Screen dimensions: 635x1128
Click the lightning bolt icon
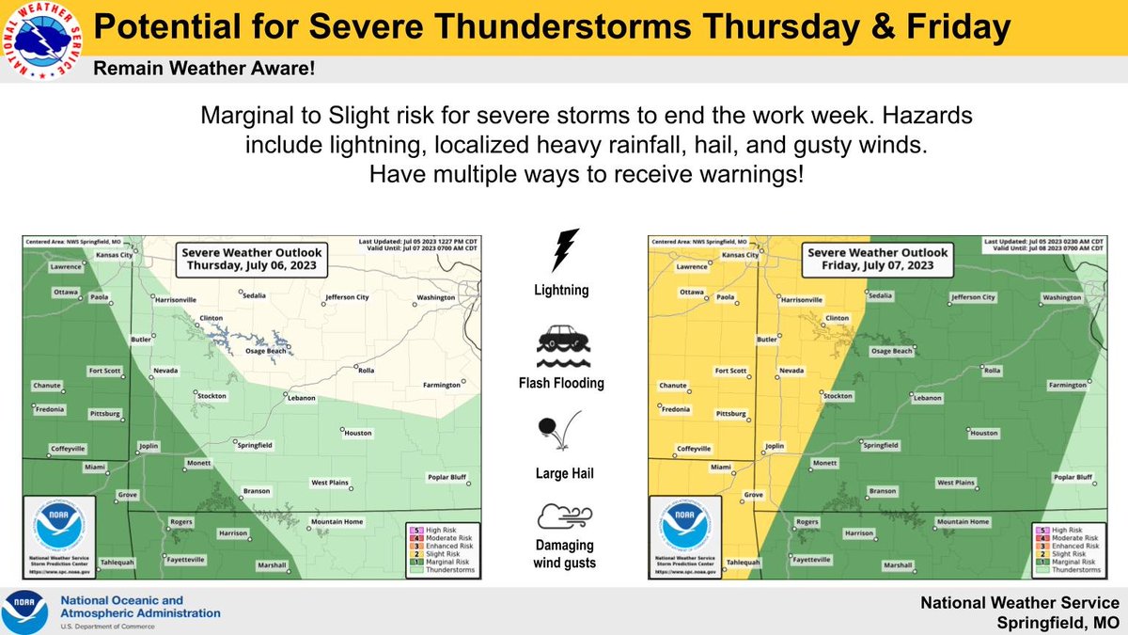pyautogui.click(x=563, y=251)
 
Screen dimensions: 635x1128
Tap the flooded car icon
pyautogui.click(x=562, y=348)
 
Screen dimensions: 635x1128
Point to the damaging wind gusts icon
pyautogui.click(x=562, y=516)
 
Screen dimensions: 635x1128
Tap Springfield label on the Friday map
pyautogui.click(x=881, y=444)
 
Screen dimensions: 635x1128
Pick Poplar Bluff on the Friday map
pyautogui.click(x=1072, y=477)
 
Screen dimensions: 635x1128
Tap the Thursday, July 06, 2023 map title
pyautogui.click(x=250, y=259)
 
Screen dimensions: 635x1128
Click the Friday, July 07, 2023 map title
pyautogui.click(x=879, y=259)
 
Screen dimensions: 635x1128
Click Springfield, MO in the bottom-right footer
pyautogui.click(x=1063, y=621)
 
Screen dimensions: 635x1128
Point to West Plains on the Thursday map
pyautogui.click(x=330, y=483)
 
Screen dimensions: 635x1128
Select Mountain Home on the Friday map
pyautogui.click(x=963, y=521)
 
